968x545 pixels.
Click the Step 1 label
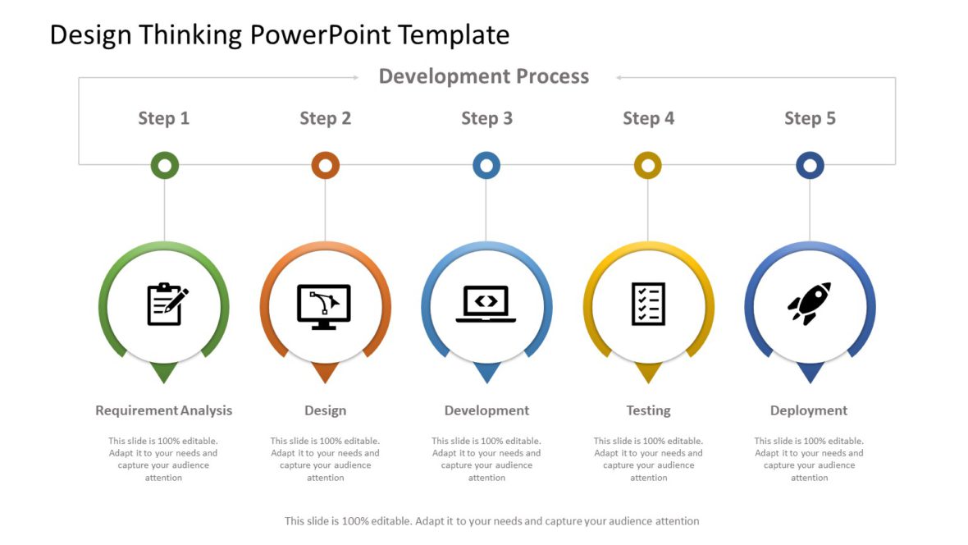click(163, 118)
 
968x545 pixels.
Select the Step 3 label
click(487, 118)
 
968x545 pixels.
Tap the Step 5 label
click(810, 118)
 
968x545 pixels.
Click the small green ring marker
click(165, 166)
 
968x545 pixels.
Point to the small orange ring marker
click(326, 166)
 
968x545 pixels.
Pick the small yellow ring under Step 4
click(647, 166)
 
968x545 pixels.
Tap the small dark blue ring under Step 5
click(810, 166)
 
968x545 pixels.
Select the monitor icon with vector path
click(324, 306)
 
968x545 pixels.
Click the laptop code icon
click(486, 304)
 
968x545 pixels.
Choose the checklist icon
click(648, 304)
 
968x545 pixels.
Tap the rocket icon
click(810, 304)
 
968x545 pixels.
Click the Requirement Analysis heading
click(163, 410)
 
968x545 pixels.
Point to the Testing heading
click(648, 410)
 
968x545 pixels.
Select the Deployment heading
click(809, 410)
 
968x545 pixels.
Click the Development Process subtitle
click(484, 76)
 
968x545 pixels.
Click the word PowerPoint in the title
click(320, 34)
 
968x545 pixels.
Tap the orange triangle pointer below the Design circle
click(326, 373)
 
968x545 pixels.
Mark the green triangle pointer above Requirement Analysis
click(164, 373)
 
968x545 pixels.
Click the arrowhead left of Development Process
click(355, 78)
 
